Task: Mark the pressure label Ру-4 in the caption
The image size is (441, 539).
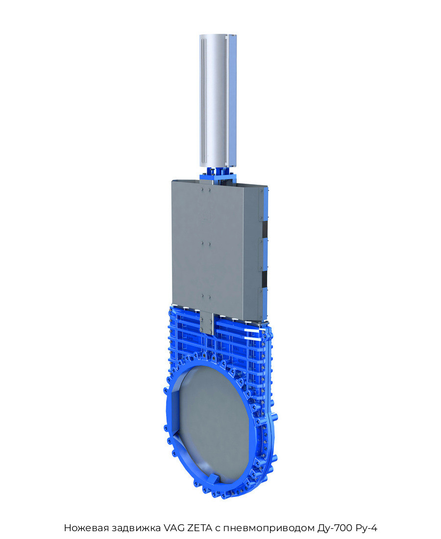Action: (x=367, y=528)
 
